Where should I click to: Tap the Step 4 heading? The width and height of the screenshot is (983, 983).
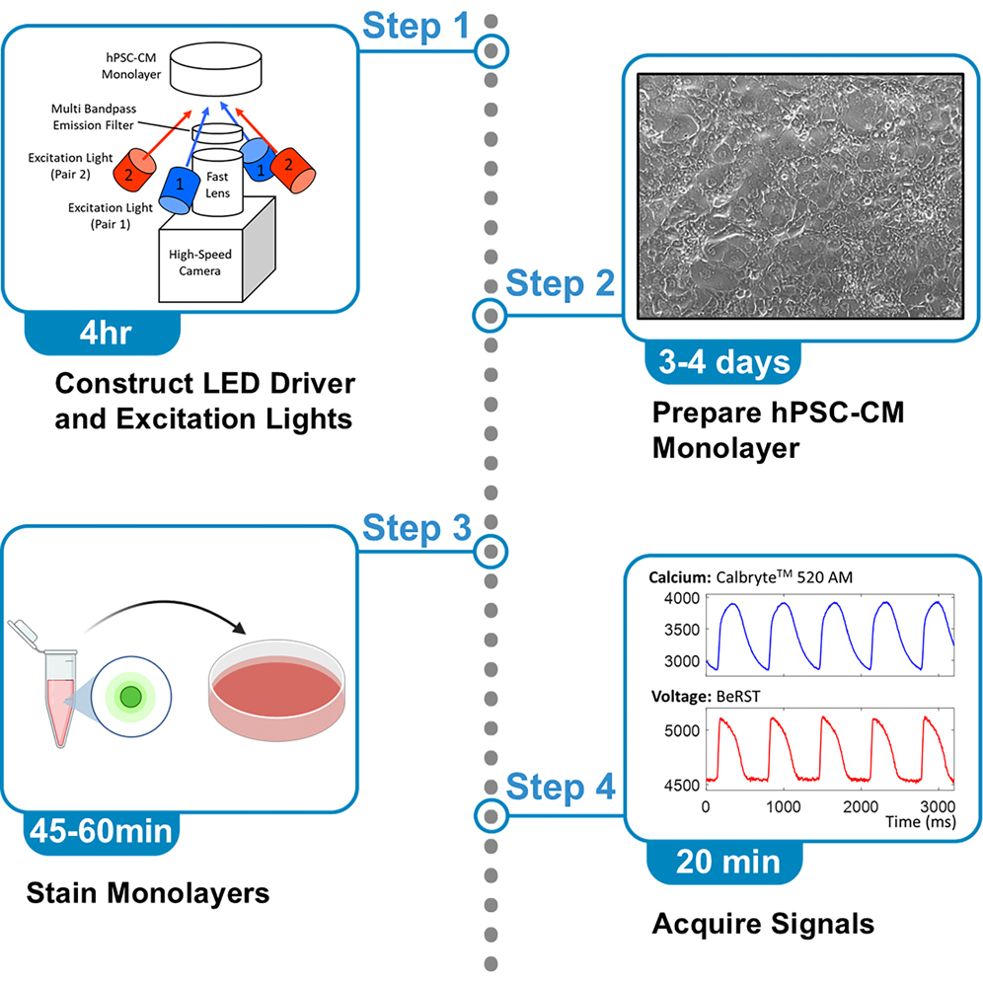pos(561,787)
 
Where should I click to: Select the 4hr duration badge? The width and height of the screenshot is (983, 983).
pos(102,331)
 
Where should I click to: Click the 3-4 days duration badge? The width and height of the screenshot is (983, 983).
pos(722,361)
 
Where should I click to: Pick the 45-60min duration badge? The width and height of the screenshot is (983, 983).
pos(101,831)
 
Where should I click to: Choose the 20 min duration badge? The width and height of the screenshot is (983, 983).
pos(726,861)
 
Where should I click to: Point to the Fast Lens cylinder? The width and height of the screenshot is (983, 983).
pos(217,179)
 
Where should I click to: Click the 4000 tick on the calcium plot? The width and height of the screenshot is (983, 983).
pos(680,598)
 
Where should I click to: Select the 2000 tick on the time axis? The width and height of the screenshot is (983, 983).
pos(858,805)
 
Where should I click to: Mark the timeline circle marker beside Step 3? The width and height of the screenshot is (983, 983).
pos(491,551)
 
